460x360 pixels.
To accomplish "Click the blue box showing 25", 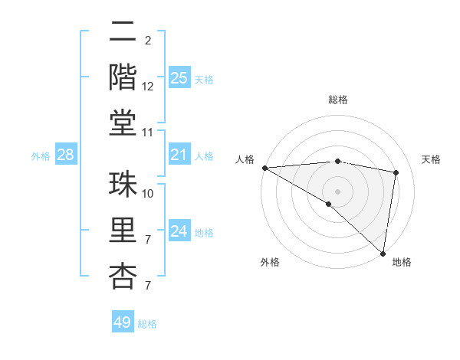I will [x=179, y=78].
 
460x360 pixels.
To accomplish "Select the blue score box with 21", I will [x=179, y=155].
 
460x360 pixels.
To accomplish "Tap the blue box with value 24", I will [x=179, y=231].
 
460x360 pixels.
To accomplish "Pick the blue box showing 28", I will [x=65, y=155].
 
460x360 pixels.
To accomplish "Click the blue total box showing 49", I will [x=123, y=322].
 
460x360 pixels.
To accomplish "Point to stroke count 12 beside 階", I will [x=148, y=87].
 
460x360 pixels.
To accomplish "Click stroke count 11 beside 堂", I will [x=148, y=133].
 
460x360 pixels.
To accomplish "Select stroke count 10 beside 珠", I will [x=148, y=194].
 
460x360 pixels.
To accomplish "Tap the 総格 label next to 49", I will [x=148, y=324].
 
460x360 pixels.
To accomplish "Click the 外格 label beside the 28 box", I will [x=41, y=156].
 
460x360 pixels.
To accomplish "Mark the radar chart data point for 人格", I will [x=264, y=168].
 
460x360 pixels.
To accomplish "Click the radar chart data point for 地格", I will [x=382, y=253].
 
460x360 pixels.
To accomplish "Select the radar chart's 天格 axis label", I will [x=431, y=159].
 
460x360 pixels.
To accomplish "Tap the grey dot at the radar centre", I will [x=337, y=190].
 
